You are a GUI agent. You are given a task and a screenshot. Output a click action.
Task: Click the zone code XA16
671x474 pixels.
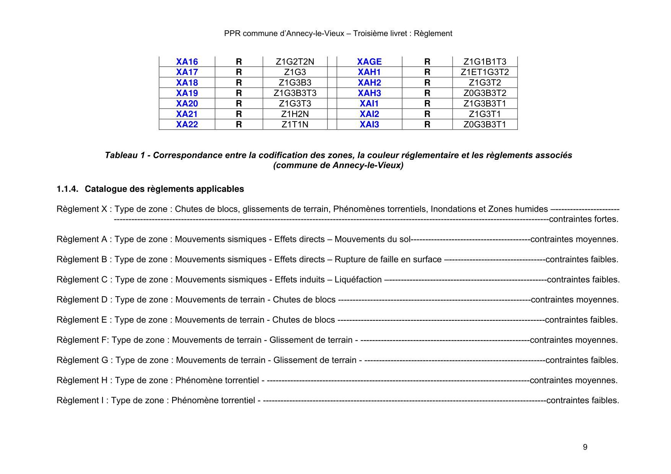coord(187,62)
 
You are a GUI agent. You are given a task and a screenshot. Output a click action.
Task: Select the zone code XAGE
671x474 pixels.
coord(369,62)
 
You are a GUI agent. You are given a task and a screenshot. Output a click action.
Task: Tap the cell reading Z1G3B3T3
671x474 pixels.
coord(295,93)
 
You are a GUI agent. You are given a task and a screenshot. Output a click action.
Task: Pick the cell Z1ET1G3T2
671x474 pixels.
coord(485,72)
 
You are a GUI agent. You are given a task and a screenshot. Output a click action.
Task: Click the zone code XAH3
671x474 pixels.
coord(369,93)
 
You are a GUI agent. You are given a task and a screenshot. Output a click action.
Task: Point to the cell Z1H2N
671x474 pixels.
coord(295,114)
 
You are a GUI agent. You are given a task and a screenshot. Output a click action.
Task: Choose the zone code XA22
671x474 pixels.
coord(187,124)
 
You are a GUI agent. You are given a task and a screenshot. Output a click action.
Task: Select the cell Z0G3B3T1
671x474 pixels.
coord(485,124)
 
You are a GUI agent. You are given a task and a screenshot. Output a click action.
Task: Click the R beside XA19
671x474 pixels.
coord(239,93)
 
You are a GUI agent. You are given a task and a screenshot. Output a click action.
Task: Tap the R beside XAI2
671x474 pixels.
coord(427,114)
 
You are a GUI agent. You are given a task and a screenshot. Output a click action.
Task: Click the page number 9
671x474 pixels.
coord(585,447)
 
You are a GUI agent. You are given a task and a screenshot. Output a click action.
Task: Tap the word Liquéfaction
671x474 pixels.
coord(358,279)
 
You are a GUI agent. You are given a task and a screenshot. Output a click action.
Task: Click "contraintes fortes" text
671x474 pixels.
coord(583,219)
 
